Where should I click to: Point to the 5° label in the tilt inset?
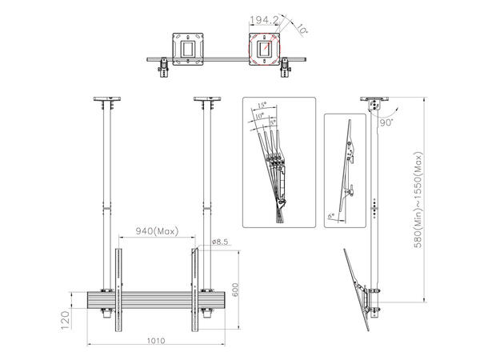[x=274, y=122]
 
